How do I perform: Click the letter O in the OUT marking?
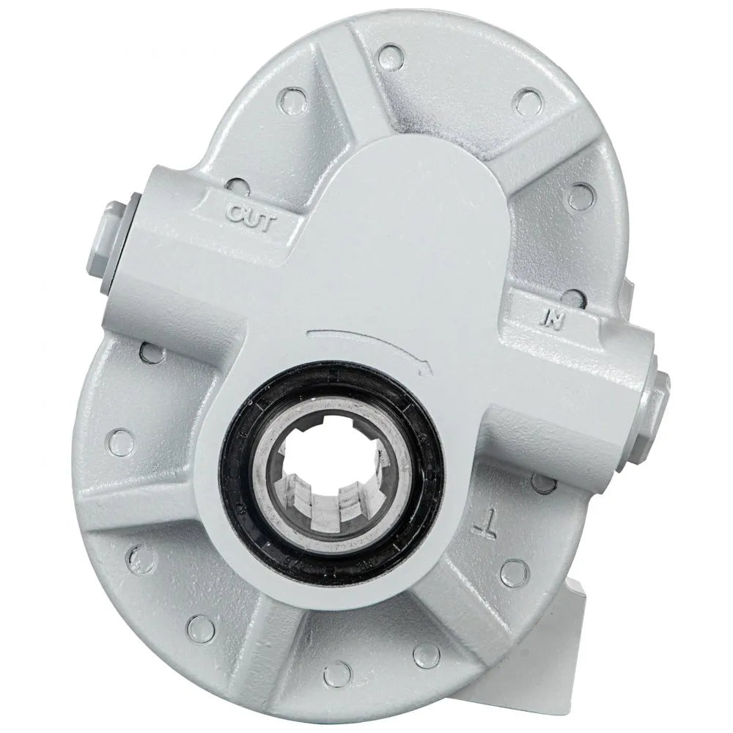point(235,214)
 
